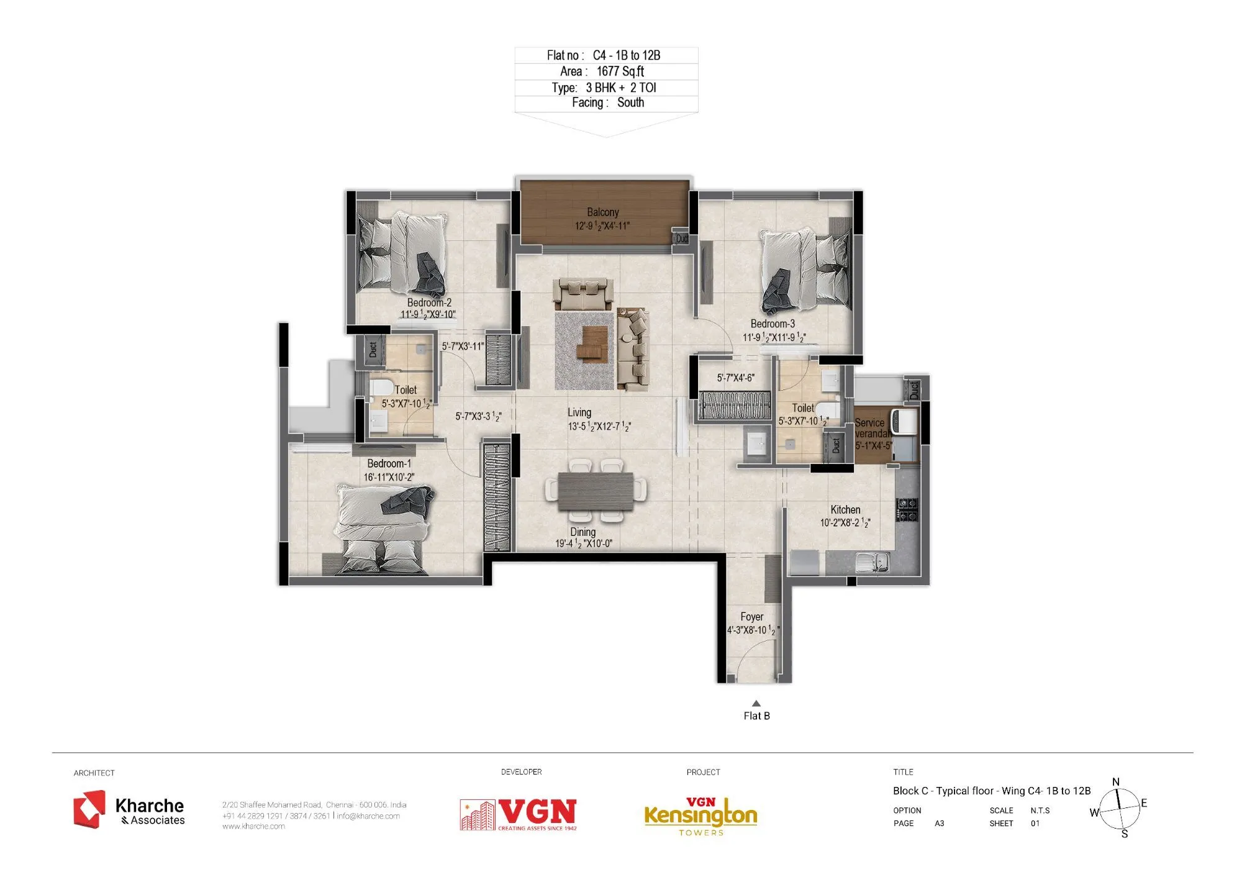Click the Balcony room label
pyautogui.click(x=602, y=212)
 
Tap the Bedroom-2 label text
pyautogui.click(x=429, y=302)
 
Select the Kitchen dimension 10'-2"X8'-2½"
pyautogui.click(x=845, y=523)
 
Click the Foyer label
pyautogui.click(x=751, y=617)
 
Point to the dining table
pyautogui.click(x=596, y=491)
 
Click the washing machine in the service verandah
pyautogui.click(x=904, y=422)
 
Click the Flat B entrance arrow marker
pyautogui.click(x=756, y=704)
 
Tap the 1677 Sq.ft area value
pyautogui.click(x=620, y=71)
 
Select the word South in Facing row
pyautogui.click(x=630, y=102)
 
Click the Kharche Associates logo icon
pyautogui.click(x=89, y=809)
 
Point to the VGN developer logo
pyautogui.click(x=519, y=814)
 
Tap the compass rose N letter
pyautogui.click(x=1116, y=782)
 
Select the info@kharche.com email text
pyautogui.click(x=368, y=816)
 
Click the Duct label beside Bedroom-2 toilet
pyautogui.click(x=373, y=349)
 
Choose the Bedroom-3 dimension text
pyautogui.click(x=774, y=337)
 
